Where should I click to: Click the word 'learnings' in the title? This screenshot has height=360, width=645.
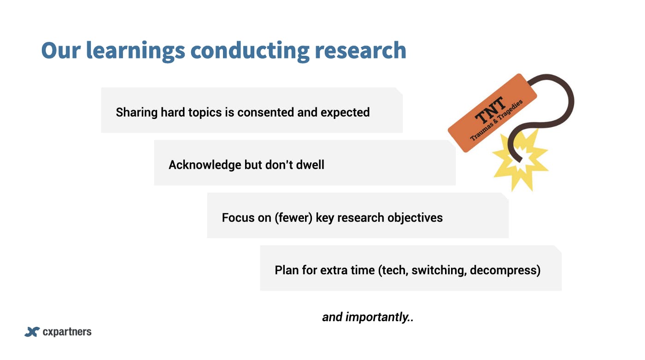135,51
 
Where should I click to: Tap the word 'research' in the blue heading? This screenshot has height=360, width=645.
360,50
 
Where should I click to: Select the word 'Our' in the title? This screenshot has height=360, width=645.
61,50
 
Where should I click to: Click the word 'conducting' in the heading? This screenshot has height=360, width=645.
250,51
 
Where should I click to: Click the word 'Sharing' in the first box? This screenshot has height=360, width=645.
136,112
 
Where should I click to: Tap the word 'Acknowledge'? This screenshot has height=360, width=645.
205,165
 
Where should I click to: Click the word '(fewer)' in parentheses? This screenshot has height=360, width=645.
293,218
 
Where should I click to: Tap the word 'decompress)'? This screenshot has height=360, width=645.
505,271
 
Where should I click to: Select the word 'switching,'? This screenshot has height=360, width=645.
439,271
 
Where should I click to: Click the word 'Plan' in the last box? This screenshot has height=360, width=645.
287,271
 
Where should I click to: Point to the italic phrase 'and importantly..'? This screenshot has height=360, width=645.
368,318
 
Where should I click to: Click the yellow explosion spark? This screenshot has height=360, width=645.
520,160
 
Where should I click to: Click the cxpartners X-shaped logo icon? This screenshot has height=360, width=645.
32,332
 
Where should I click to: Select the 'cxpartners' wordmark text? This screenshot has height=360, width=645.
67,332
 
